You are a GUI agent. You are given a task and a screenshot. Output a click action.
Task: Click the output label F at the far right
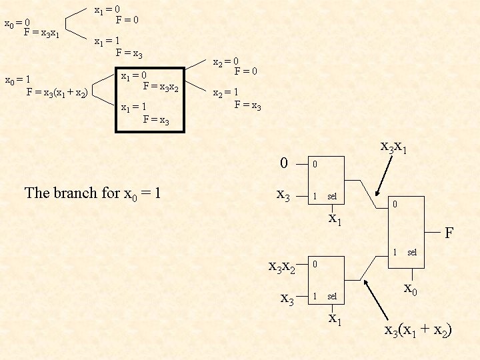[449, 233]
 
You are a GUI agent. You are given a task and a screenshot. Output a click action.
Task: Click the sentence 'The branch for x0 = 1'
[93, 193]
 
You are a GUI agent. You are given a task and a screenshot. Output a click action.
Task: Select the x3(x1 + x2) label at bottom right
[418, 329]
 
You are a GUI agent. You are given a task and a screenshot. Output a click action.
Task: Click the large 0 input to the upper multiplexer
[284, 163]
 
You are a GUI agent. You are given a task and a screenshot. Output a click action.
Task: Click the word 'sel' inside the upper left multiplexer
[332, 197]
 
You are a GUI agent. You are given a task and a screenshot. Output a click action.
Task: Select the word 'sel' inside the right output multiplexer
[412, 253]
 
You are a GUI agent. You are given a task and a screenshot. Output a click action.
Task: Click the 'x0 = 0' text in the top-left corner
[17, 24]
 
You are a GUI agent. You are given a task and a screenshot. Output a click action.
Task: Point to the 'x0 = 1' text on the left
[17, 81]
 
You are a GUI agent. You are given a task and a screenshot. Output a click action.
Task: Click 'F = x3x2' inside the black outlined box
[161, 86]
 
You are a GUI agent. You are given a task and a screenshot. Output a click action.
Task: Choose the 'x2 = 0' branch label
[225, 63]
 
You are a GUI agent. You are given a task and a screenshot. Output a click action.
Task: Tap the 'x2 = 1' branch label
[225, 93]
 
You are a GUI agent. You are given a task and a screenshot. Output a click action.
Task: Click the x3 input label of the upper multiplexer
[283, 195]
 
